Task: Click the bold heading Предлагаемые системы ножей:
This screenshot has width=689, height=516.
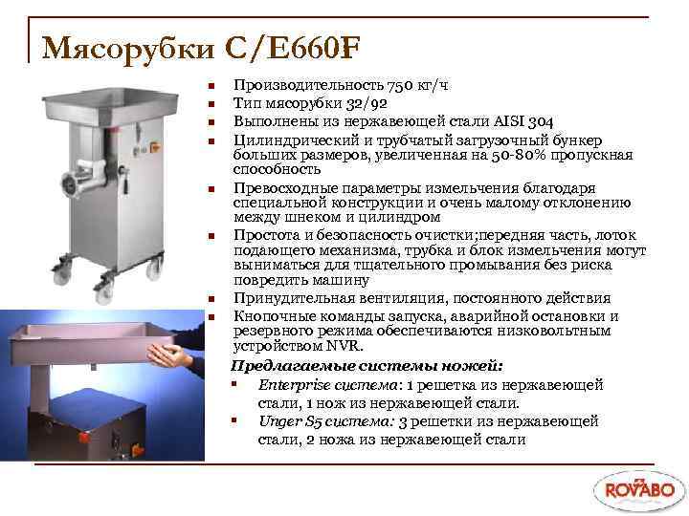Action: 368,365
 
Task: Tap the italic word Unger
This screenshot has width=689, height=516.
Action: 278,420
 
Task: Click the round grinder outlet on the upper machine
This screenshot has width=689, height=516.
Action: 73,183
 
